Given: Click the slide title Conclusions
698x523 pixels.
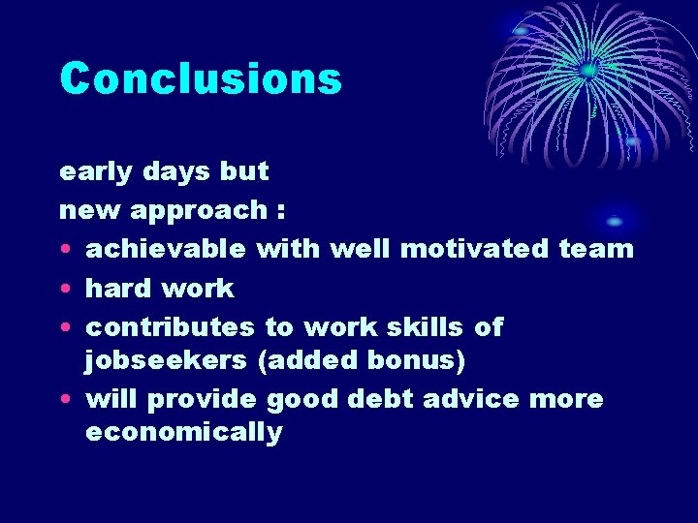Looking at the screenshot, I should [x=201, y=79].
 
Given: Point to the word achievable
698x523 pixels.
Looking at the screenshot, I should [x=166, y=249].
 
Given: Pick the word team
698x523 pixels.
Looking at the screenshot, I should [x=596, y=249].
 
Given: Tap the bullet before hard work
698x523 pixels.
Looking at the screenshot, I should [x=65, y=289].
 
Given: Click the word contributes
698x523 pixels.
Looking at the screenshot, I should [x=170, y=326].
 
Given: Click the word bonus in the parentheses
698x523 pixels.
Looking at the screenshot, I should [x=416, y=360].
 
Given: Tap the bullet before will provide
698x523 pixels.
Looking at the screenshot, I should [x=65, y=399].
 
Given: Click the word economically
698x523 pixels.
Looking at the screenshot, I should [x=183, y=433].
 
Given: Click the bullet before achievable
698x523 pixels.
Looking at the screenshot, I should [x=65, y=250].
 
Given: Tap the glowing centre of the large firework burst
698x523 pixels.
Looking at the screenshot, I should [x=588, y=70].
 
